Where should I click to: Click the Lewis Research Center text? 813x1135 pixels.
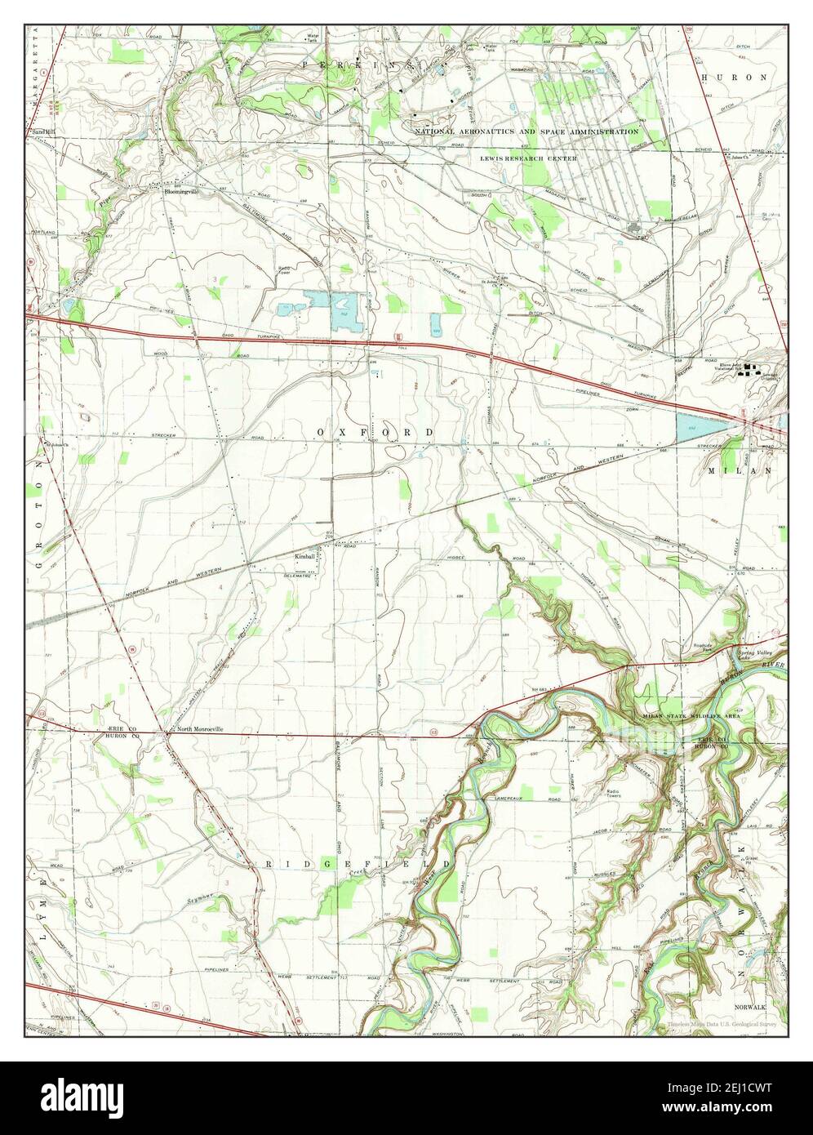529,158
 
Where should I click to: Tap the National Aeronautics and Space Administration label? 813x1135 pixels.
526,131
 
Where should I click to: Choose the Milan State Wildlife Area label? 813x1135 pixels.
691,715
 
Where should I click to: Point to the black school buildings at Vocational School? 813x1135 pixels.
754,368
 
